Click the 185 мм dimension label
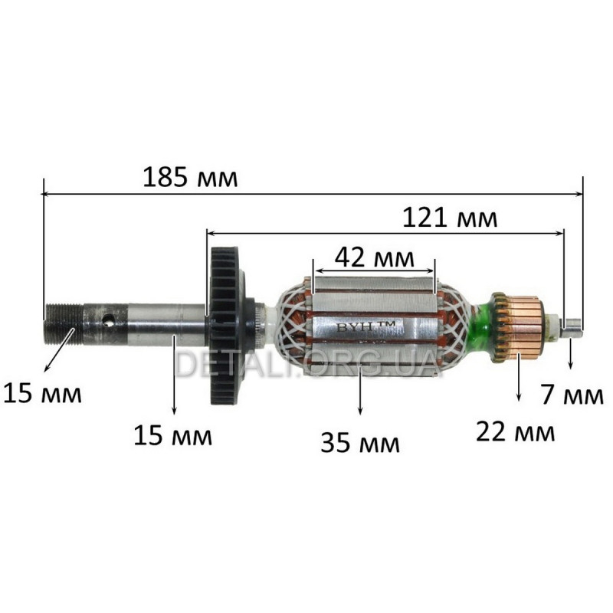tap(190, 177)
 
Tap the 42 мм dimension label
tap(374, 257)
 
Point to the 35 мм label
tap(360, 443)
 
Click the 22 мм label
tap(515, 431)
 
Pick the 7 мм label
tap(572, 395)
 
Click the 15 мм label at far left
tap(42, 393)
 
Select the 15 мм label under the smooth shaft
tap(173, 435)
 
